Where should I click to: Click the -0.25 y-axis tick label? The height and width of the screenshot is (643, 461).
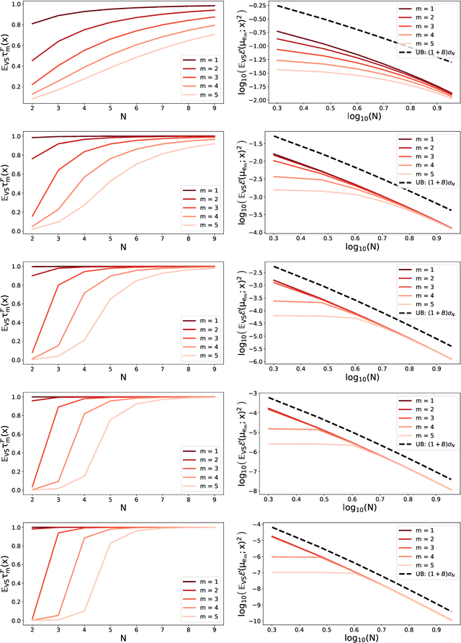pyautogui.click(x=258, y=6)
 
